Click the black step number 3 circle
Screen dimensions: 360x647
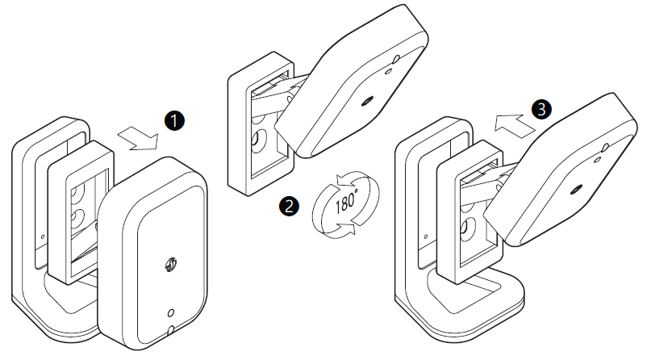coord(541,108)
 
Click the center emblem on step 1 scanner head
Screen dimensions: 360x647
coord(170,264)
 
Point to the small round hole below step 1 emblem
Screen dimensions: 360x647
coord(169,312)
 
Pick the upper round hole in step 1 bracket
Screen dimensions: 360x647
coord(78,195)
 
